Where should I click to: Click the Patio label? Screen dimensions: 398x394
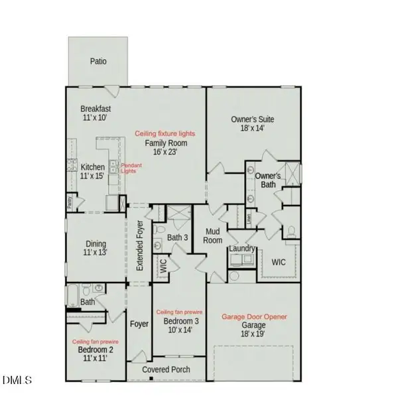tap(98, 62)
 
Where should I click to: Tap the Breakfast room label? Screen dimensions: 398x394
tap(95, 109)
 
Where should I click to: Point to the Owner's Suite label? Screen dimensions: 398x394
tap(252, 119)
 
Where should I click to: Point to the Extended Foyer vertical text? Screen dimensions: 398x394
tap(140, 246)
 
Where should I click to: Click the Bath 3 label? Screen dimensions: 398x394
tap(177, 237)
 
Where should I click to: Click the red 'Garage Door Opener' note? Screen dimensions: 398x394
tap(254, 317)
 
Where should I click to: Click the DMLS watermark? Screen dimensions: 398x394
tap(17, 380)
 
